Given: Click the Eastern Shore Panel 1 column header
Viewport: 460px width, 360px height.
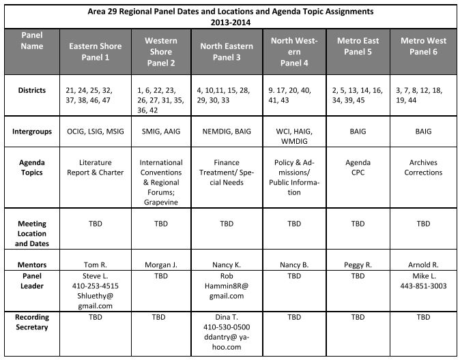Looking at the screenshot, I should tap(96, 51).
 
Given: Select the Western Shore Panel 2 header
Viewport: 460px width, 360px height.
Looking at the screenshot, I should tap(161, 51).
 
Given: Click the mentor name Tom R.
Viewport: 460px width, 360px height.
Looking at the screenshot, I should tap(96, 265).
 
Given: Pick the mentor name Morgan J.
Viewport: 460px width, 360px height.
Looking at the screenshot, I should tap(161, 265).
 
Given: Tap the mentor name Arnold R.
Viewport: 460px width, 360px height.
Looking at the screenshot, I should tap(423, 265).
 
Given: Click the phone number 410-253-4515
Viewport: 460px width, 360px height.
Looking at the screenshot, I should tap(96, 286).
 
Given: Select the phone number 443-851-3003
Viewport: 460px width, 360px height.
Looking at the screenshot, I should tap(423, 286).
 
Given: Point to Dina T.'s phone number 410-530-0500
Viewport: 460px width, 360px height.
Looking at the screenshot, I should tap(227, 327).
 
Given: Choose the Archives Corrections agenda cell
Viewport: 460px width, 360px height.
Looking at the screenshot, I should tap(423, 168).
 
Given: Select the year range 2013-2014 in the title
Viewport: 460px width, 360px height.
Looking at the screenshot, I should tap(230, 21).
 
